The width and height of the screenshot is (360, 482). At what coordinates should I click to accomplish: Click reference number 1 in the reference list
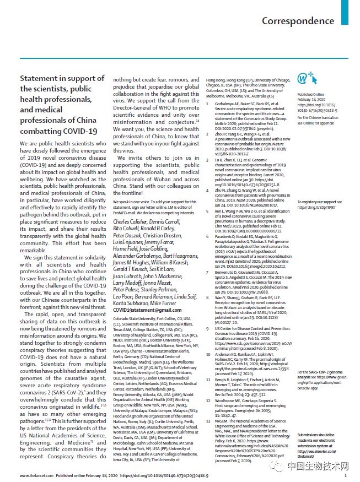pos(208,104)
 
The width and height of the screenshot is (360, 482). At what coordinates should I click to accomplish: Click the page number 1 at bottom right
pos(345,474)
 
